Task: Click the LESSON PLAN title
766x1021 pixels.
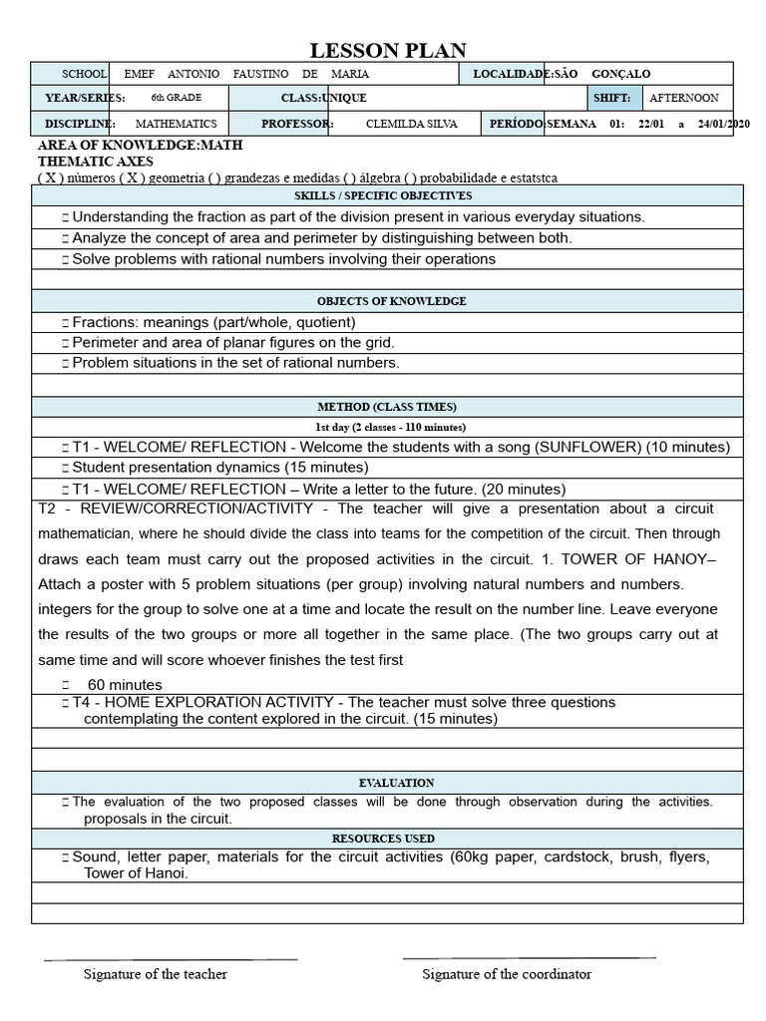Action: (388, 51)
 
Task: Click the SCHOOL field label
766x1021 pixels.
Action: (84, 74)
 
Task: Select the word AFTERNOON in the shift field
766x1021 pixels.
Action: (683, 98)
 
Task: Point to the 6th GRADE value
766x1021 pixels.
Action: (170, 98)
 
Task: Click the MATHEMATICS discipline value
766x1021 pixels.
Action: (176, 124)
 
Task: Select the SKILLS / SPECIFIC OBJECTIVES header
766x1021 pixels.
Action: (397, 195)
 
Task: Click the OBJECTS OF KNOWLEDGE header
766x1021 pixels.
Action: (392, 300)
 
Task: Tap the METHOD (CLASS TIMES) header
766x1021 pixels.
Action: (387, 406)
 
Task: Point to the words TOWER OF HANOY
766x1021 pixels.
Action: (641, 558)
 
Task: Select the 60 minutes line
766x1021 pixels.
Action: (125, 684)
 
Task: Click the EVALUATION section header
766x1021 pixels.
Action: (396, 783)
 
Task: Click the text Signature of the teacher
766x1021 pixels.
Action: (155, 974)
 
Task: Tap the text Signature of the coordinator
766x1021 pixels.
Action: (507, 974)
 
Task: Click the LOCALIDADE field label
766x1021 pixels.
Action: (511, 74)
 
